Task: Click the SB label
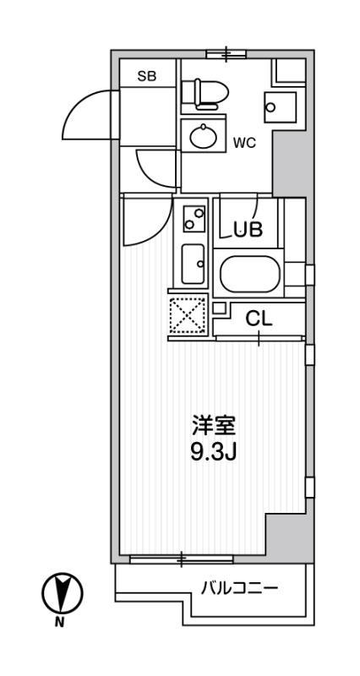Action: [x=146, y=76]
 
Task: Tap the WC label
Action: [x=244, y=143]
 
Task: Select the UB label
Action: [x=248, y=230]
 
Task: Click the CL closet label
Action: [x=259, y=319]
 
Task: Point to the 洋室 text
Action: [x=213, y=427]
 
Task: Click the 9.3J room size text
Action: [x=213, y=452]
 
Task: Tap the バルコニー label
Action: [x=239, y=587]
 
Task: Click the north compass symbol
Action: [x=63, y=593]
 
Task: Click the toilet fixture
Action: [x=205, y=93]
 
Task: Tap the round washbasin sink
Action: [x=204, y=135]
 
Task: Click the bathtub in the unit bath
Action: [x=248, y=274]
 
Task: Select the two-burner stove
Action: [x=194, y=219]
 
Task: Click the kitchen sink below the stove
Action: [x=193, y=264]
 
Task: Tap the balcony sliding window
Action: [x=182, y=559]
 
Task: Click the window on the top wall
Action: [x=226, y=54]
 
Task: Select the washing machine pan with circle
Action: [x=281, y=107]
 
